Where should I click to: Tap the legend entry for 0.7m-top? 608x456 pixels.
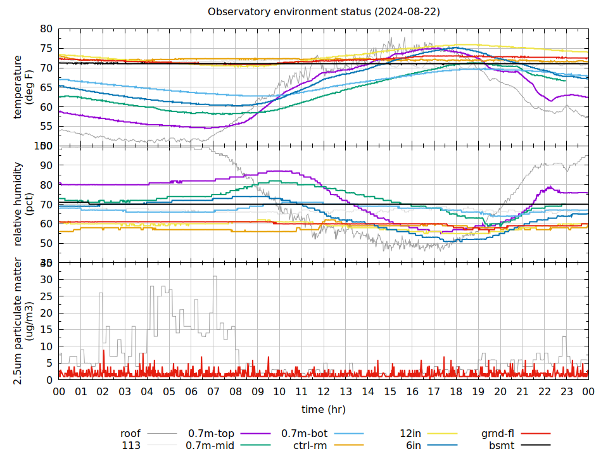[211, 434]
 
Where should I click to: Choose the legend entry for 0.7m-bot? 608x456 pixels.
[304, 434]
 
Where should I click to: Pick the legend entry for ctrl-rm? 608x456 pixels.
[310, 445]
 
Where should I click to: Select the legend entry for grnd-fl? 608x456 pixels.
[497, 434]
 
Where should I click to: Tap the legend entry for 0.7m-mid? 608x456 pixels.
[210, 445]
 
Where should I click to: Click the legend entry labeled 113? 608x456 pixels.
[131, 445]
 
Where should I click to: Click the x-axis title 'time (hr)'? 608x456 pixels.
[323, 409]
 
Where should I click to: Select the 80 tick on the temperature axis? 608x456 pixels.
[46, 29]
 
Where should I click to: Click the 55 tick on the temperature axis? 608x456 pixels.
[46, 127]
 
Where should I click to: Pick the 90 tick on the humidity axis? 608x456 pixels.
[46, 166]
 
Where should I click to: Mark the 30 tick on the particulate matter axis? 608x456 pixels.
[46, 279]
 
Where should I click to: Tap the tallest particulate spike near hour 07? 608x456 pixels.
[215, 277]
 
